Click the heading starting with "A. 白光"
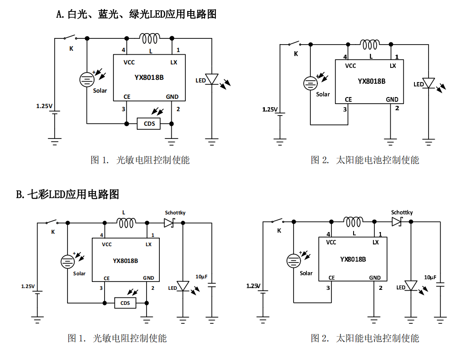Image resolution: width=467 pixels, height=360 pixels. tap(136, 14)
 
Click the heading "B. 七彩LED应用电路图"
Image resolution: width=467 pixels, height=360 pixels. tap(68, 194)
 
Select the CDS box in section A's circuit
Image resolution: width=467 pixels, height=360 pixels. tap(149, 124)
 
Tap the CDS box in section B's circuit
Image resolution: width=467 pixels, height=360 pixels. tap(125, 303)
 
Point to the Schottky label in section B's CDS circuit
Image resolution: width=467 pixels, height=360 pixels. tap(175, 213)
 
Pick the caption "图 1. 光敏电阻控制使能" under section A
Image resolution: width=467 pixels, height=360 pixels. tap(140, 160)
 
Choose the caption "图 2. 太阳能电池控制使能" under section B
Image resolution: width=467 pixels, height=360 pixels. tap(365, 338)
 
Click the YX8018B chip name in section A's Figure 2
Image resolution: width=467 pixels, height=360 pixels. tap(371, 81)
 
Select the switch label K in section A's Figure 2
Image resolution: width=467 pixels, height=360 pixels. tap(296, 54)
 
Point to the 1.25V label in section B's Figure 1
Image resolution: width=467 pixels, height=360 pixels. tap(27, 286)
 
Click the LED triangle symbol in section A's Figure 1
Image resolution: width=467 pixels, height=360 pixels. tap(212, 80)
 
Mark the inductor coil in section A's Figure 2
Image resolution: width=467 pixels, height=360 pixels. tap(369, 44)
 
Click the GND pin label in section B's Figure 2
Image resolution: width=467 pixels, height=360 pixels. tap(375, 278)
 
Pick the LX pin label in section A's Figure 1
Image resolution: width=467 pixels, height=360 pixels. tap(174, 62)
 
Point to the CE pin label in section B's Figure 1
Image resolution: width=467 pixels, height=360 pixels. tap(106, 278)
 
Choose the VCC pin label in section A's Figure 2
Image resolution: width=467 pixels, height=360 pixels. tap(350, 66)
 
